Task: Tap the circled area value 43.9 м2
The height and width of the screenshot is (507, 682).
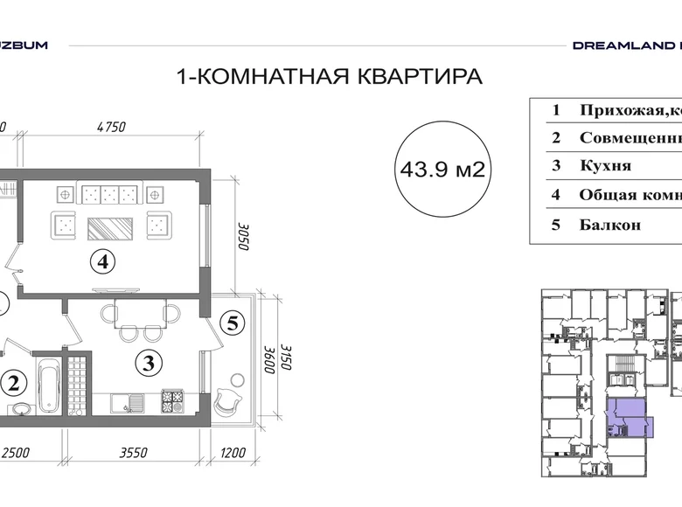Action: pos(442,170)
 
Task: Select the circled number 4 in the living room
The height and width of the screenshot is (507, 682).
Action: pos(103,260)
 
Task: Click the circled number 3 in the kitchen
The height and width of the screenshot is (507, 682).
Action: pos(150,360)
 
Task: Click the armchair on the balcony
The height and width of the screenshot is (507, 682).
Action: pos(226,397)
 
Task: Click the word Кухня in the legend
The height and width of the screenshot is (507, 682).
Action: pos(604,165)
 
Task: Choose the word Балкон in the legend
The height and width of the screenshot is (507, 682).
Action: pos(609,224)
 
